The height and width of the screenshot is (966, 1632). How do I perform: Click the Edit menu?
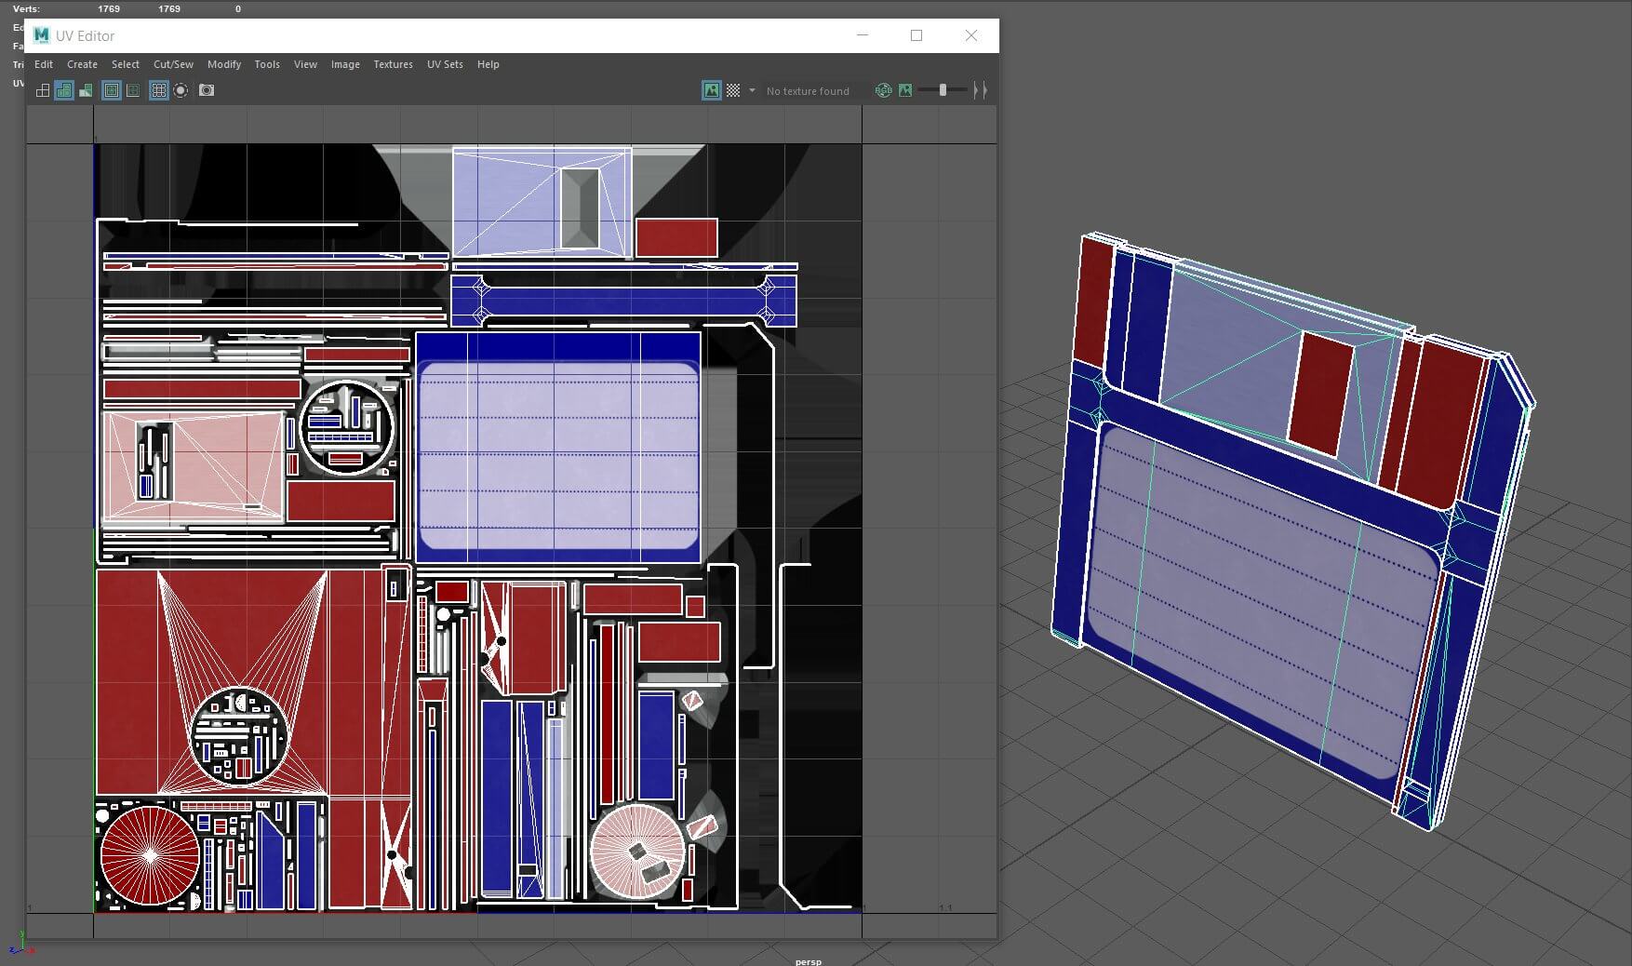tap(44, 64)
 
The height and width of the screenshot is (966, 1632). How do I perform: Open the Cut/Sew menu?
tap(173, 64)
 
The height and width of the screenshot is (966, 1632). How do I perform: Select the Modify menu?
tap(224, 64)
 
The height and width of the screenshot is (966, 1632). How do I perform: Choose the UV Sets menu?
tap(445, 64)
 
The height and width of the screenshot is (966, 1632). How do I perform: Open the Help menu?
tap(488, 64)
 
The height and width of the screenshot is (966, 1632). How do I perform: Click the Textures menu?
tap(393, 64)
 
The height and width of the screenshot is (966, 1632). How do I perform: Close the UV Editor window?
tap(971, 35)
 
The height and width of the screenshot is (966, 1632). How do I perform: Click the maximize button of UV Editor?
tap(916, 35)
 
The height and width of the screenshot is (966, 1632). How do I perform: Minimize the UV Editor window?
tap(863, 35)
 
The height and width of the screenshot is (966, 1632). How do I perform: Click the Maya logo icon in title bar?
tap(41, 35)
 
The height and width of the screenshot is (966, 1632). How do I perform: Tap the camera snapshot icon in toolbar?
tap(207, 90)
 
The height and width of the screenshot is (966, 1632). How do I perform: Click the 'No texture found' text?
tap(808, 91)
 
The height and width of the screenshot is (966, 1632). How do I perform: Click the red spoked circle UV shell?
tap(150, 855)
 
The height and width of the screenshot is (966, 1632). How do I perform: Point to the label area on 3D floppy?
tap(1256, 596)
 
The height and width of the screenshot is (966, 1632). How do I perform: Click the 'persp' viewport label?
tap(809, 960)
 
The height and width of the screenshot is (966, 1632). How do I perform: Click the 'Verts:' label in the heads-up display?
tap(27, 8)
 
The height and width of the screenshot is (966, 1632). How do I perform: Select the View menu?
tap(305, 64)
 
